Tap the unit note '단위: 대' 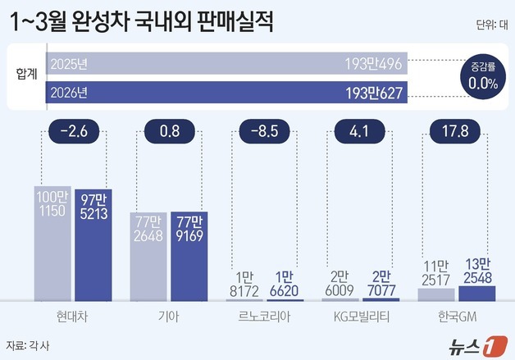tap(490, 25)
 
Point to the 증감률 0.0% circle tap(482, 77)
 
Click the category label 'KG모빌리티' tap(358, 315)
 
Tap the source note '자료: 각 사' tap(27, 344)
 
